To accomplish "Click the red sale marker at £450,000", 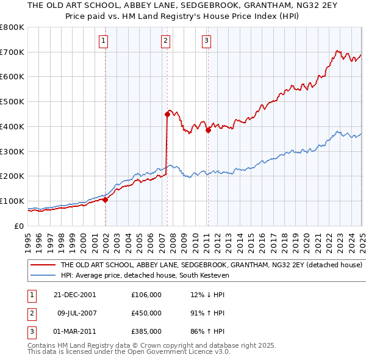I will (167, 113).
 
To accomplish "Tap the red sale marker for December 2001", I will (105, 199).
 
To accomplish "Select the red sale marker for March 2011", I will (208, 129).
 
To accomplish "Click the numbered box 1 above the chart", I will (104, 41).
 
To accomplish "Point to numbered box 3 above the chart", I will (207, 41).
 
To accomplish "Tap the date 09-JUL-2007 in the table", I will (78, 313).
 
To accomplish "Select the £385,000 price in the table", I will (146, 331).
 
